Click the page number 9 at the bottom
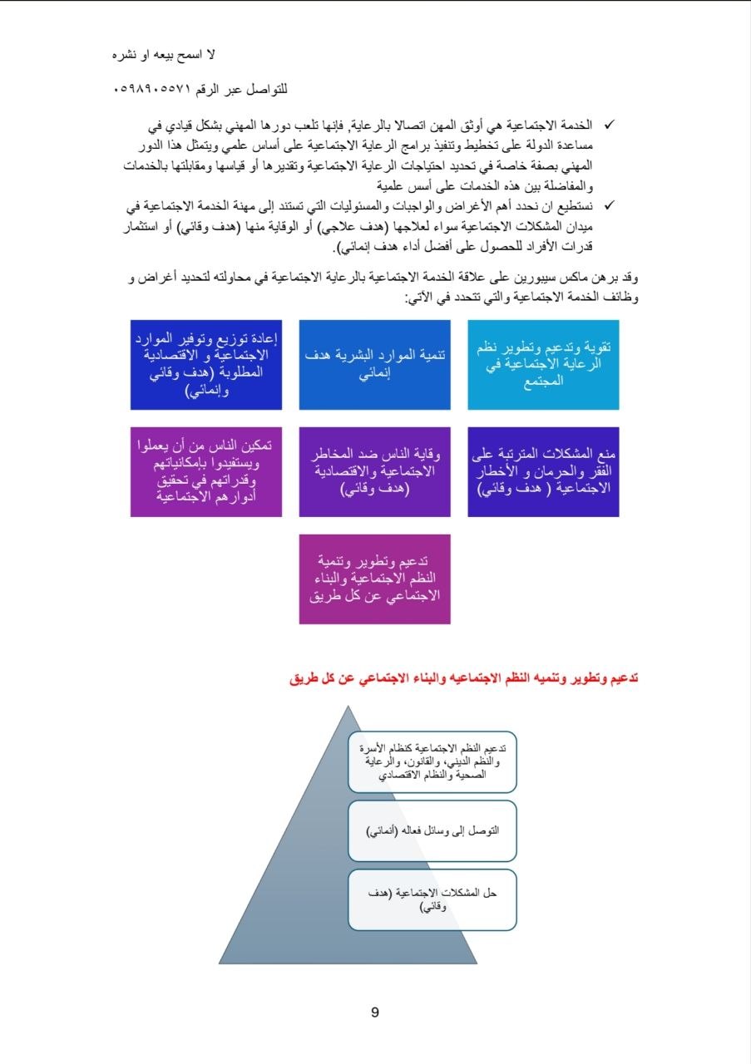(x=374, y=1012)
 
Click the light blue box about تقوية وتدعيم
(x=543, y=365)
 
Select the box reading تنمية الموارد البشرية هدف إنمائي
(x=374, y=365)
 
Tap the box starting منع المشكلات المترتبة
(x=543, y=472)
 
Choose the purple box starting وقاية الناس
(x=374, y=472)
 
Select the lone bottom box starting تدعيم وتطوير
(x=374, y=579)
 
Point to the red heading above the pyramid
(x=464, y=678)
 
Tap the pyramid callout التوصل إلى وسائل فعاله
(x=432, y=830)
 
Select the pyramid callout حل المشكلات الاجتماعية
(x=432, y=899)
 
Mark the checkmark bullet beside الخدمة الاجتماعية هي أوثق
(x=608, y=125)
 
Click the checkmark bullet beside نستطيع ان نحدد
(x=608, y=204)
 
